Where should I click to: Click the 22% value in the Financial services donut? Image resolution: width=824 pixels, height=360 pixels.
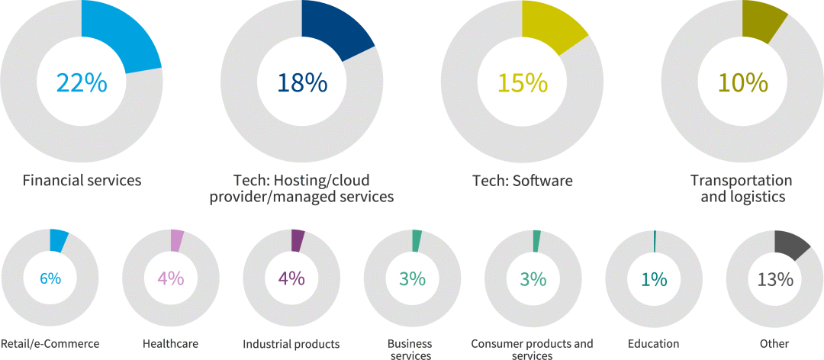pos(81,82)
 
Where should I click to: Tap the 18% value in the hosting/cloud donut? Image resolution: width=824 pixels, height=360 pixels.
pos(301,82)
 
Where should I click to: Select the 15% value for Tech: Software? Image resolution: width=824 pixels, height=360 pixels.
pos(522,82)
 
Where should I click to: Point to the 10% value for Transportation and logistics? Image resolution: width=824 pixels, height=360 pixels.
pos(742,82)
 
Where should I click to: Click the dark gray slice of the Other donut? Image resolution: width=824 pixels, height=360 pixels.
pos(789,244)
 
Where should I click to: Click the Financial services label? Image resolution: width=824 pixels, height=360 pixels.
pos(82,181)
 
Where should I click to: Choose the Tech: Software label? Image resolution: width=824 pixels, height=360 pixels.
pos(522,181)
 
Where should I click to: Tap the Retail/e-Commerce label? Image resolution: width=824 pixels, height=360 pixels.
pos(50,344)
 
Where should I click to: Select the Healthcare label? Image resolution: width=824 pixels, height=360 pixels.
pos(170,344)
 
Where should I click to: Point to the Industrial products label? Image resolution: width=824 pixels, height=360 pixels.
pos(291,344)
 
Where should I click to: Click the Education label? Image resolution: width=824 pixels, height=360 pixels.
pos(653,344)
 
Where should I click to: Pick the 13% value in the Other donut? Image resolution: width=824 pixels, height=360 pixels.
pos(774,279)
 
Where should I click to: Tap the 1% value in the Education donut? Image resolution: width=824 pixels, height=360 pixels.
pos(654,279)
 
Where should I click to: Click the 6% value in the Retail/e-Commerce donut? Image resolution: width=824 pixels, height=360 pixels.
pos(50,279)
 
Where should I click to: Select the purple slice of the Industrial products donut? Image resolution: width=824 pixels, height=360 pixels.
pos(297,239)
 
